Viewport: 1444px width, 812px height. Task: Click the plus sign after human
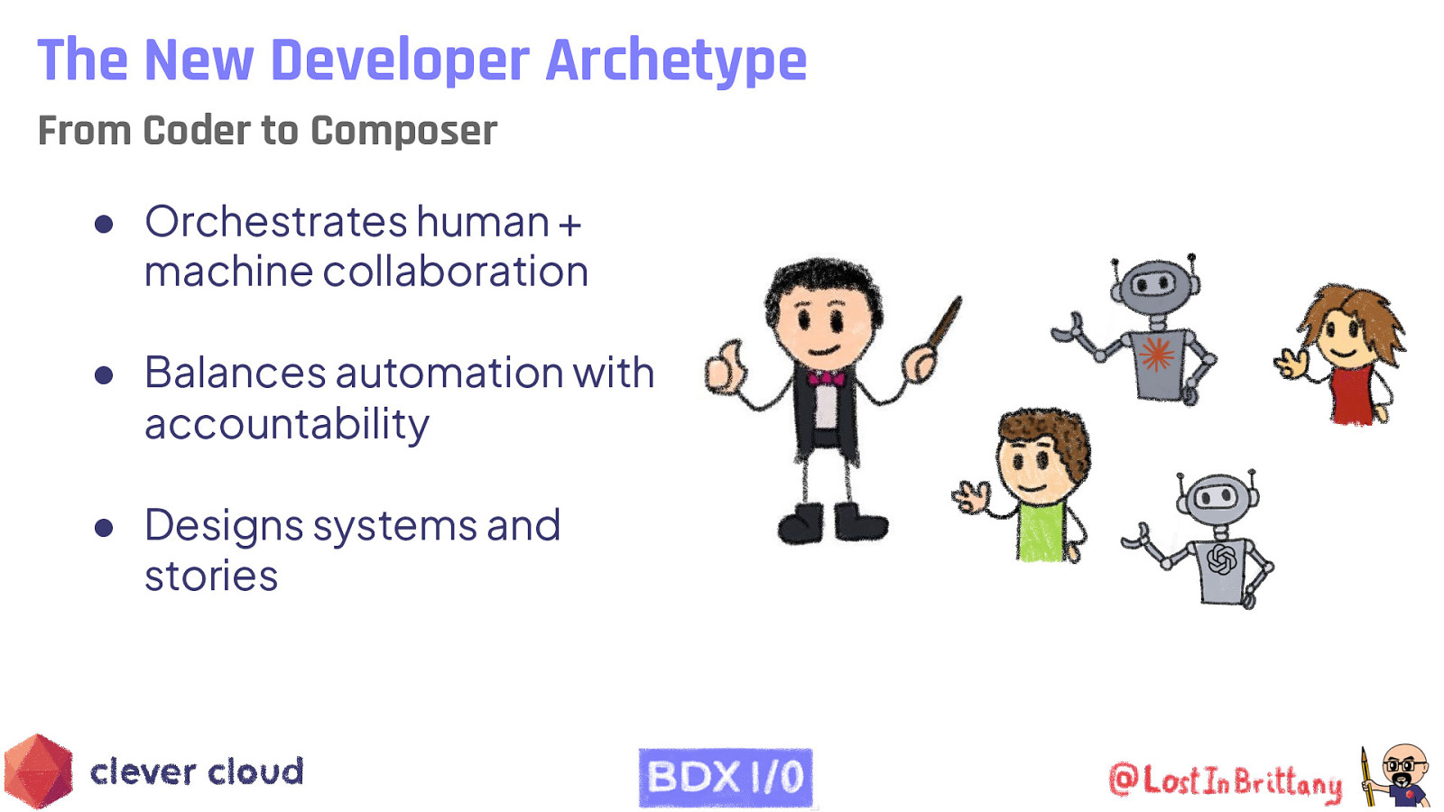pos(569,224)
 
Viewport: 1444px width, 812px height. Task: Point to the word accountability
pos(286,424)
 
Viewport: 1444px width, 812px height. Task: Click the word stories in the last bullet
pos(211,576)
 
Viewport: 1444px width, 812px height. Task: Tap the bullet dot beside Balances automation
pos(104,374)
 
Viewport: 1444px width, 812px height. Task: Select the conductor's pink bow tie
pos(825,377)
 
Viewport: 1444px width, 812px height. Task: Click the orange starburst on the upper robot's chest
pos(1156,354)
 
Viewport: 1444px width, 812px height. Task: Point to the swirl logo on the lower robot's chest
pos(1221,559)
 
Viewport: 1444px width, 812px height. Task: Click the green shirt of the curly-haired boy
pos(1041,532)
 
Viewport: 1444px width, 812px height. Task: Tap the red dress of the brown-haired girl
pos(1351,393)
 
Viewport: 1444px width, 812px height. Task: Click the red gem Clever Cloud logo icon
pos(38,771)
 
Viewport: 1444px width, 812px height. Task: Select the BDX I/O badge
pos(726,777)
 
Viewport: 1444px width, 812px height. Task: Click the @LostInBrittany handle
pos(1225,780)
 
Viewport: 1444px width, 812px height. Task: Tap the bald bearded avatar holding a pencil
pos(1401,775)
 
